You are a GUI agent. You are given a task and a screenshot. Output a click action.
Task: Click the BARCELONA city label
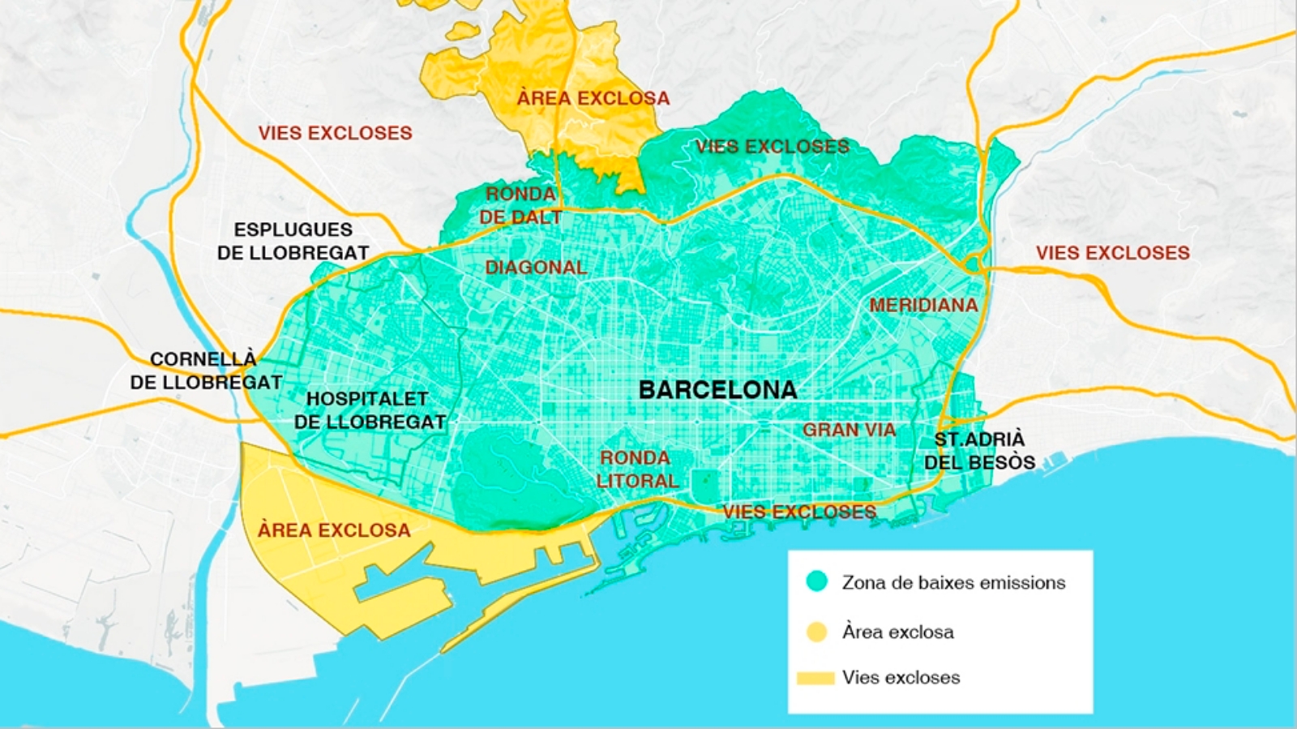(717, 390)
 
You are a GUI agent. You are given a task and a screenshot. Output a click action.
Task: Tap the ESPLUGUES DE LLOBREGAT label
(293, 242)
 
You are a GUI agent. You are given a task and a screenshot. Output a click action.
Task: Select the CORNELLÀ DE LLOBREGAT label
(206, 371)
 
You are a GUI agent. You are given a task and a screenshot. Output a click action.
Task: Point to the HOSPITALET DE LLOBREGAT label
(369, 410)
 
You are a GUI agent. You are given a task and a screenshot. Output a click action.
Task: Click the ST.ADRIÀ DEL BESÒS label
(979, 451)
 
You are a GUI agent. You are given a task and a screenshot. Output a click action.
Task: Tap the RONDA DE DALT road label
(520, 206)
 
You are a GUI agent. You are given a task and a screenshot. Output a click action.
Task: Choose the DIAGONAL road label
(536, 268)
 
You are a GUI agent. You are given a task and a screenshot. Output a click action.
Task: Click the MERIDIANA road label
(923, 306)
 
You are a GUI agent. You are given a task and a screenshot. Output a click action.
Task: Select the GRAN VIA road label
(849, 431)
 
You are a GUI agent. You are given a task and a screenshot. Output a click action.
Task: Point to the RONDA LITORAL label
(637, 470)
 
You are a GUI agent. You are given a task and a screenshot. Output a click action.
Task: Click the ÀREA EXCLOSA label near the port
(334, 530)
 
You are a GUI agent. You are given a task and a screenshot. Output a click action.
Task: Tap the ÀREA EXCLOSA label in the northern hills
(593, 98)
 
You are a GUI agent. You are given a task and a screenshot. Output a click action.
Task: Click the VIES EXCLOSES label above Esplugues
(335, 133)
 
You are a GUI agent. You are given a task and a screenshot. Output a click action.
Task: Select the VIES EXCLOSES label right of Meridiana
(1112, 253)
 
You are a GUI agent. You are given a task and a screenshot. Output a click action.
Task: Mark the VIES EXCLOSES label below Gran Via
(799, 512)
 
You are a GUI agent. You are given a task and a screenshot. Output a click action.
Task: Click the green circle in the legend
(816, 581)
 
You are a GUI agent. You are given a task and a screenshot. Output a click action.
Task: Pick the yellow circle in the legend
(816, 632)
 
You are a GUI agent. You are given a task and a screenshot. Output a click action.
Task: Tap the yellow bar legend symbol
(815, 678)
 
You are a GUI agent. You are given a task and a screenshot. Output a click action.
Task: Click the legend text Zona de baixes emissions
(953, 582)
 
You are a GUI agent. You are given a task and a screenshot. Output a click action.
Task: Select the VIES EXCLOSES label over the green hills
(772, 147)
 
